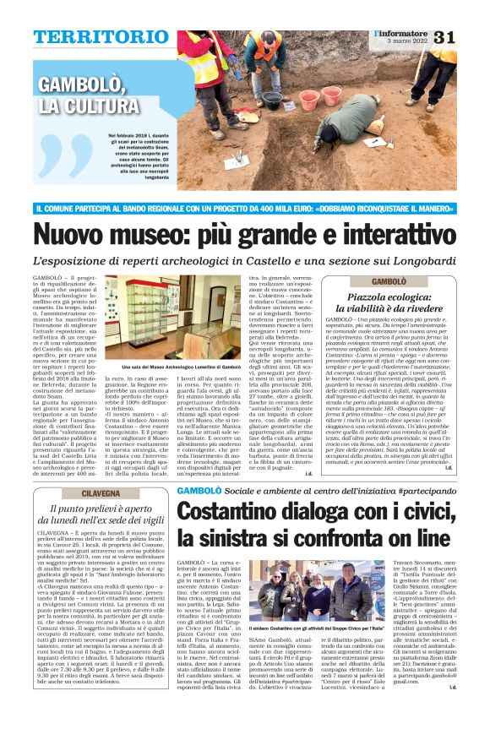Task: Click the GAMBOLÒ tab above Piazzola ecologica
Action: click(x=389, y=280)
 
